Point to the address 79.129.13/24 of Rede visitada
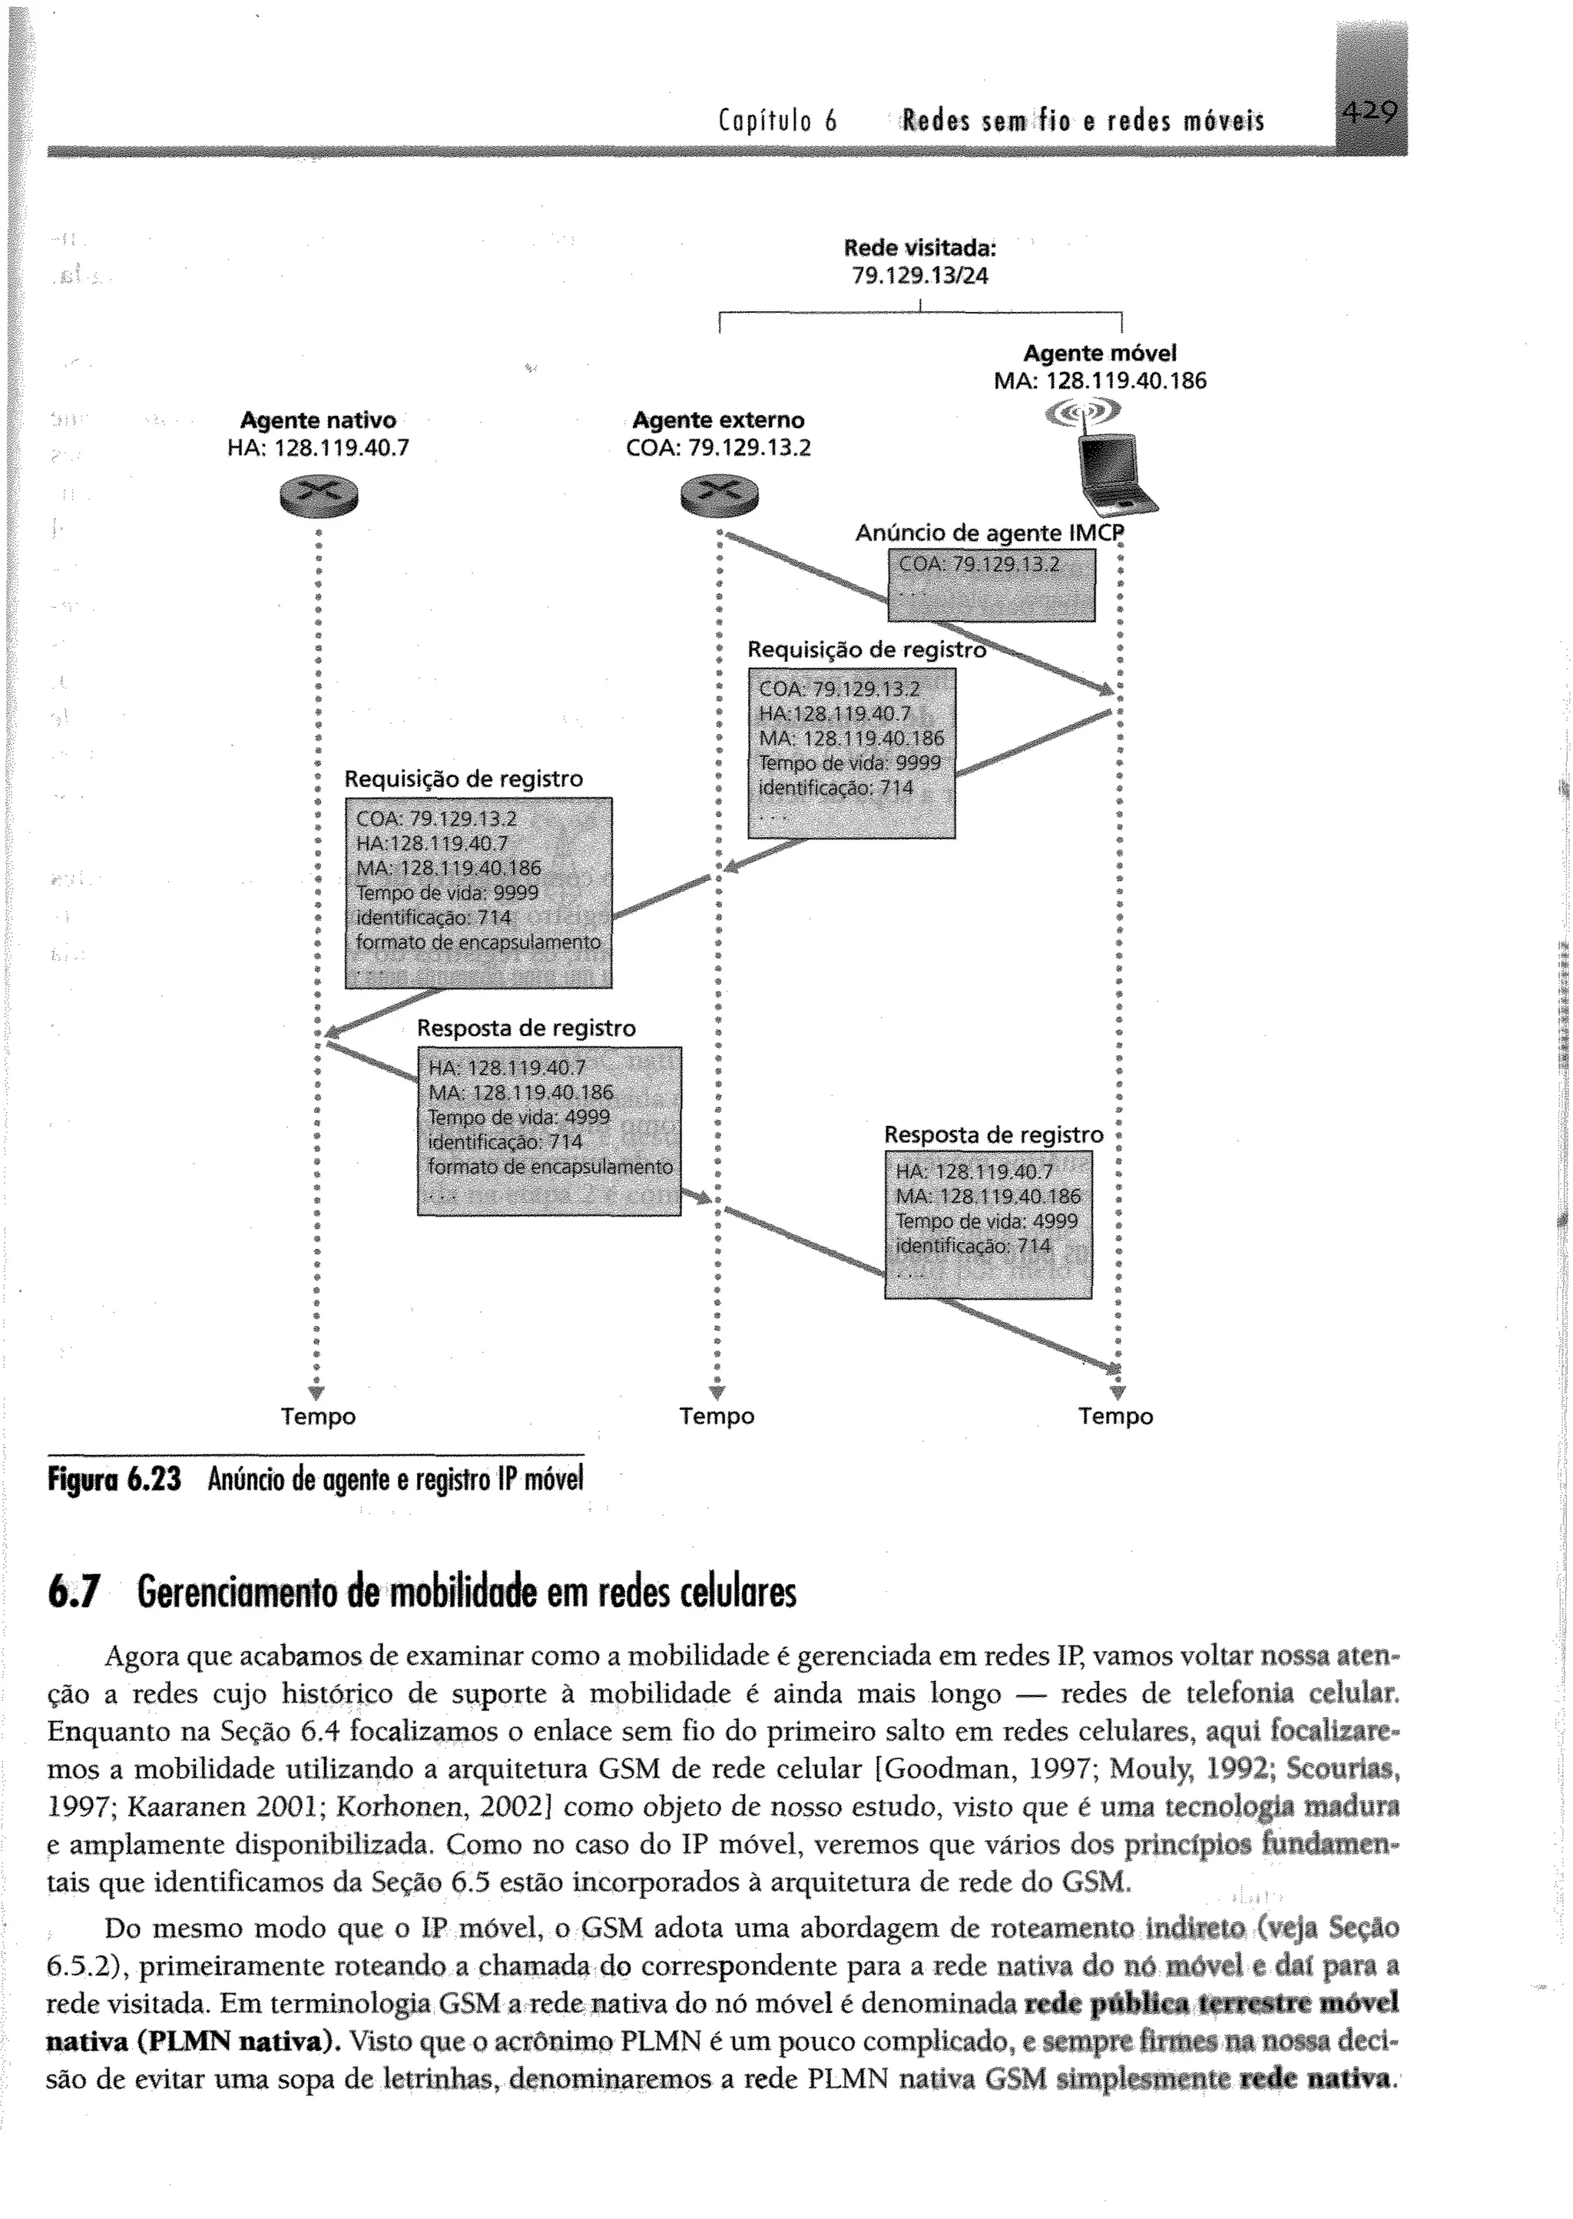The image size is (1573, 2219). (919, 276)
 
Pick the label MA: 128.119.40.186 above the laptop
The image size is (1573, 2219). (1101, 380)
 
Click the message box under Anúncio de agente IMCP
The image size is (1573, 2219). (992, 584)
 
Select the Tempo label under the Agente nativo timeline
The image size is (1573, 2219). (319, 1417)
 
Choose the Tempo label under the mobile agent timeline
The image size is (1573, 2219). (1116, 1417)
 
